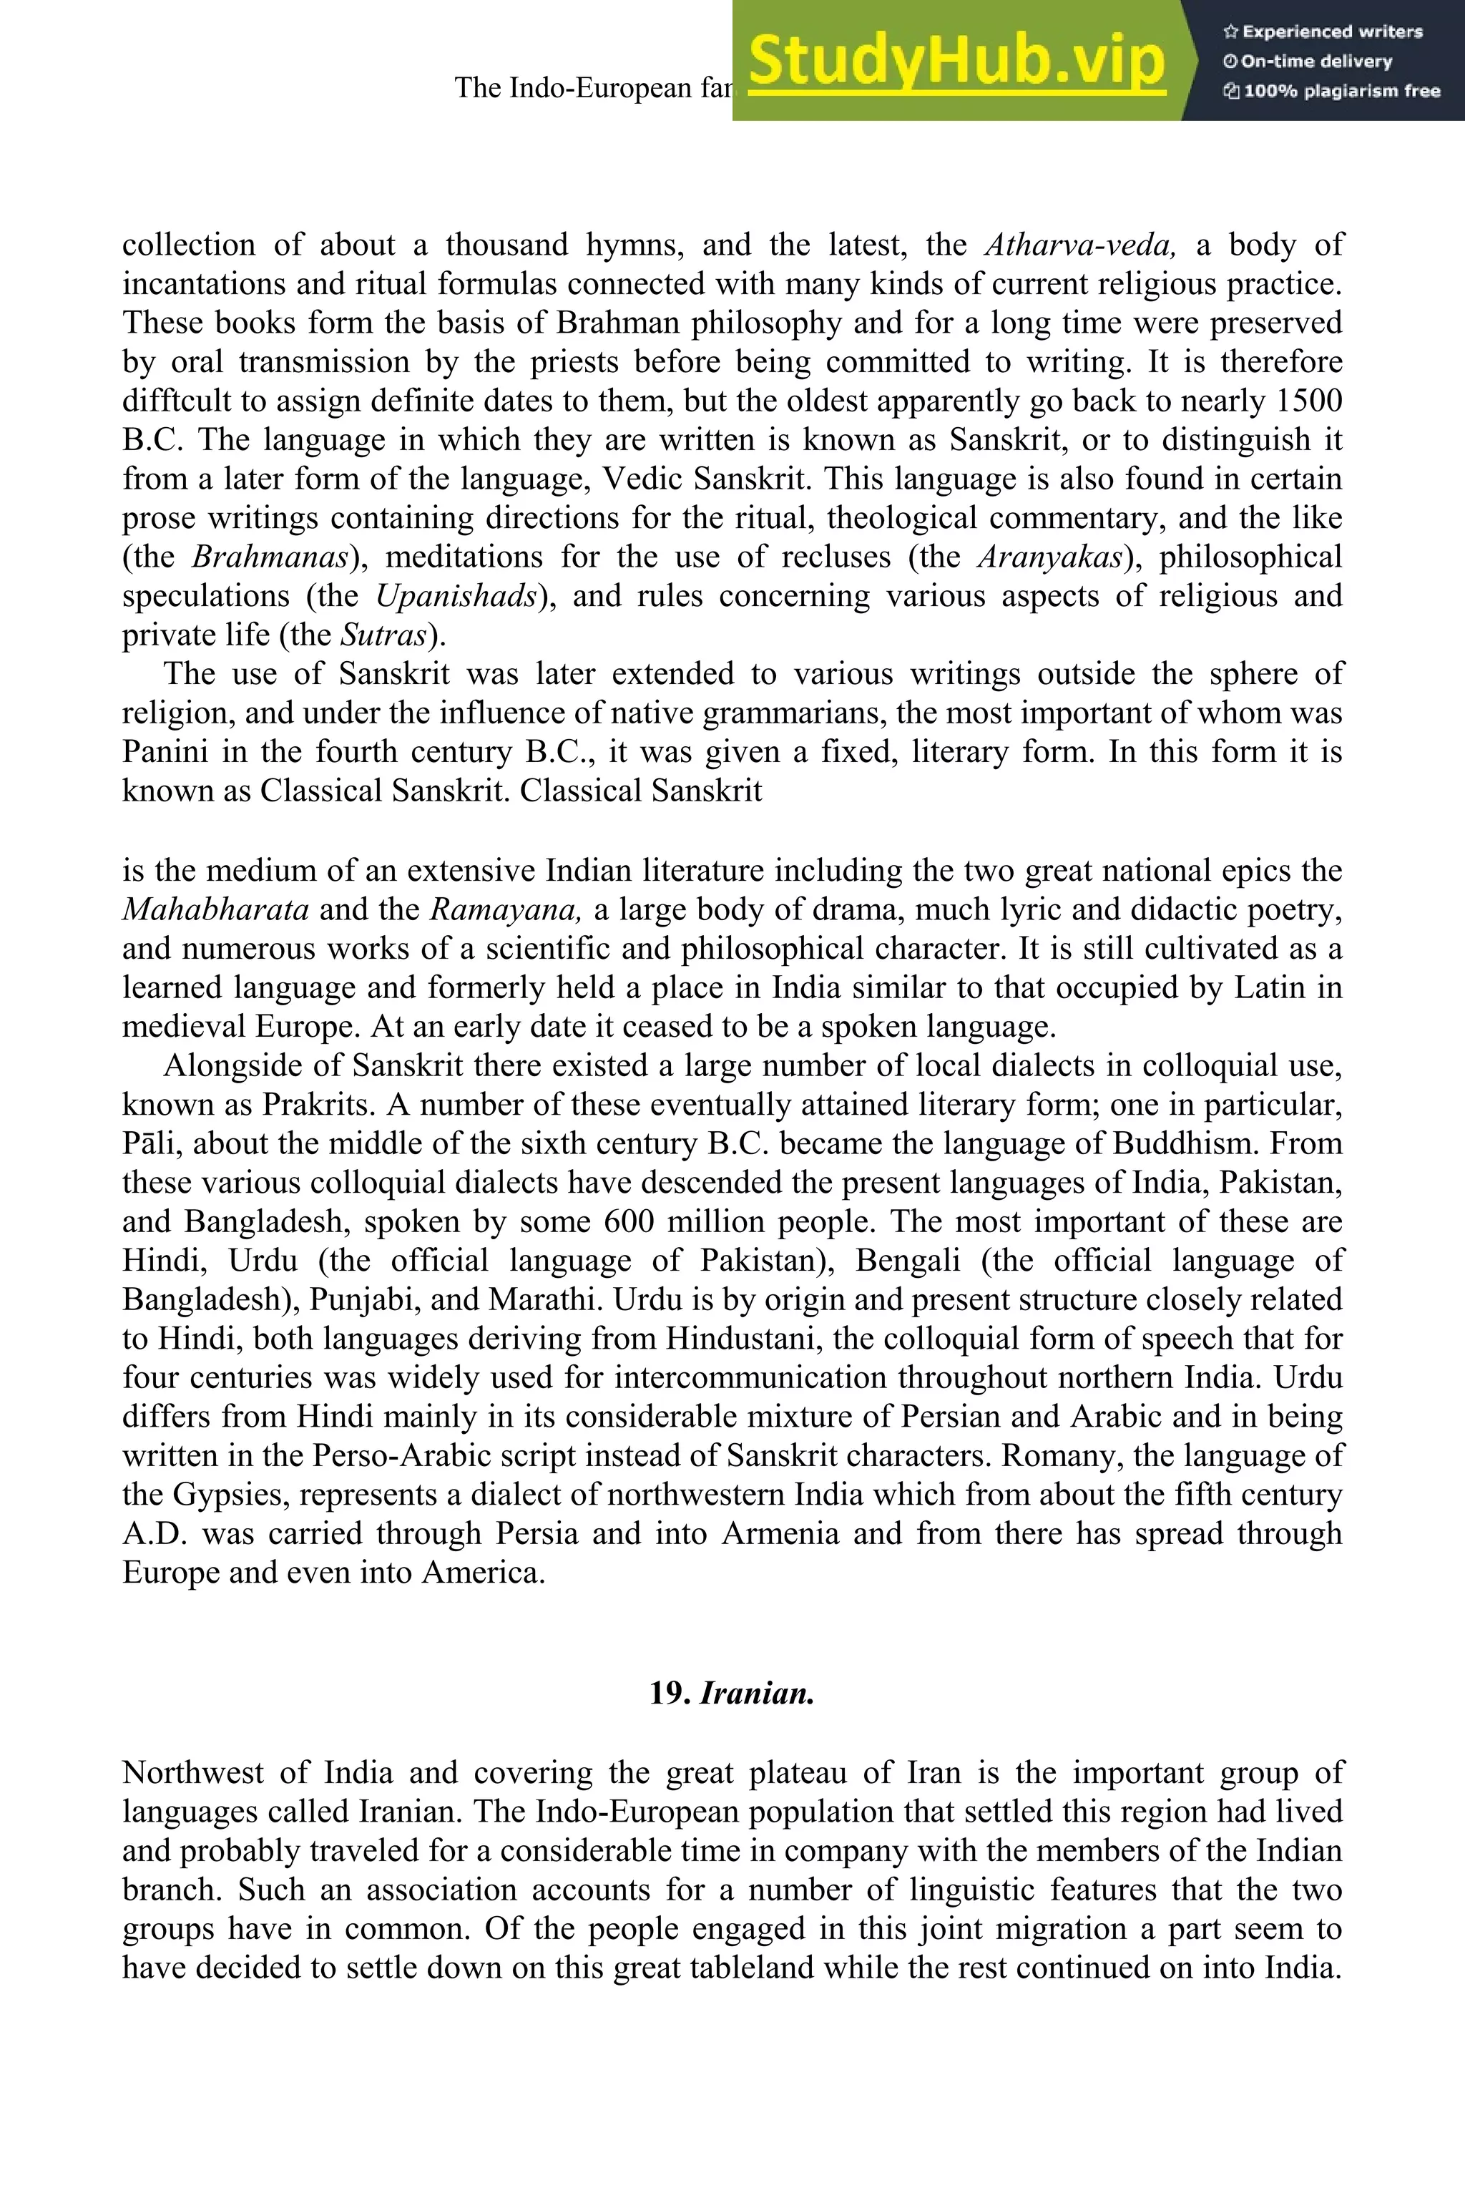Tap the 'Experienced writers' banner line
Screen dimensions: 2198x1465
coord(1322,31)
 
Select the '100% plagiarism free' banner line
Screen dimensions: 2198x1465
coord(1331,91)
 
